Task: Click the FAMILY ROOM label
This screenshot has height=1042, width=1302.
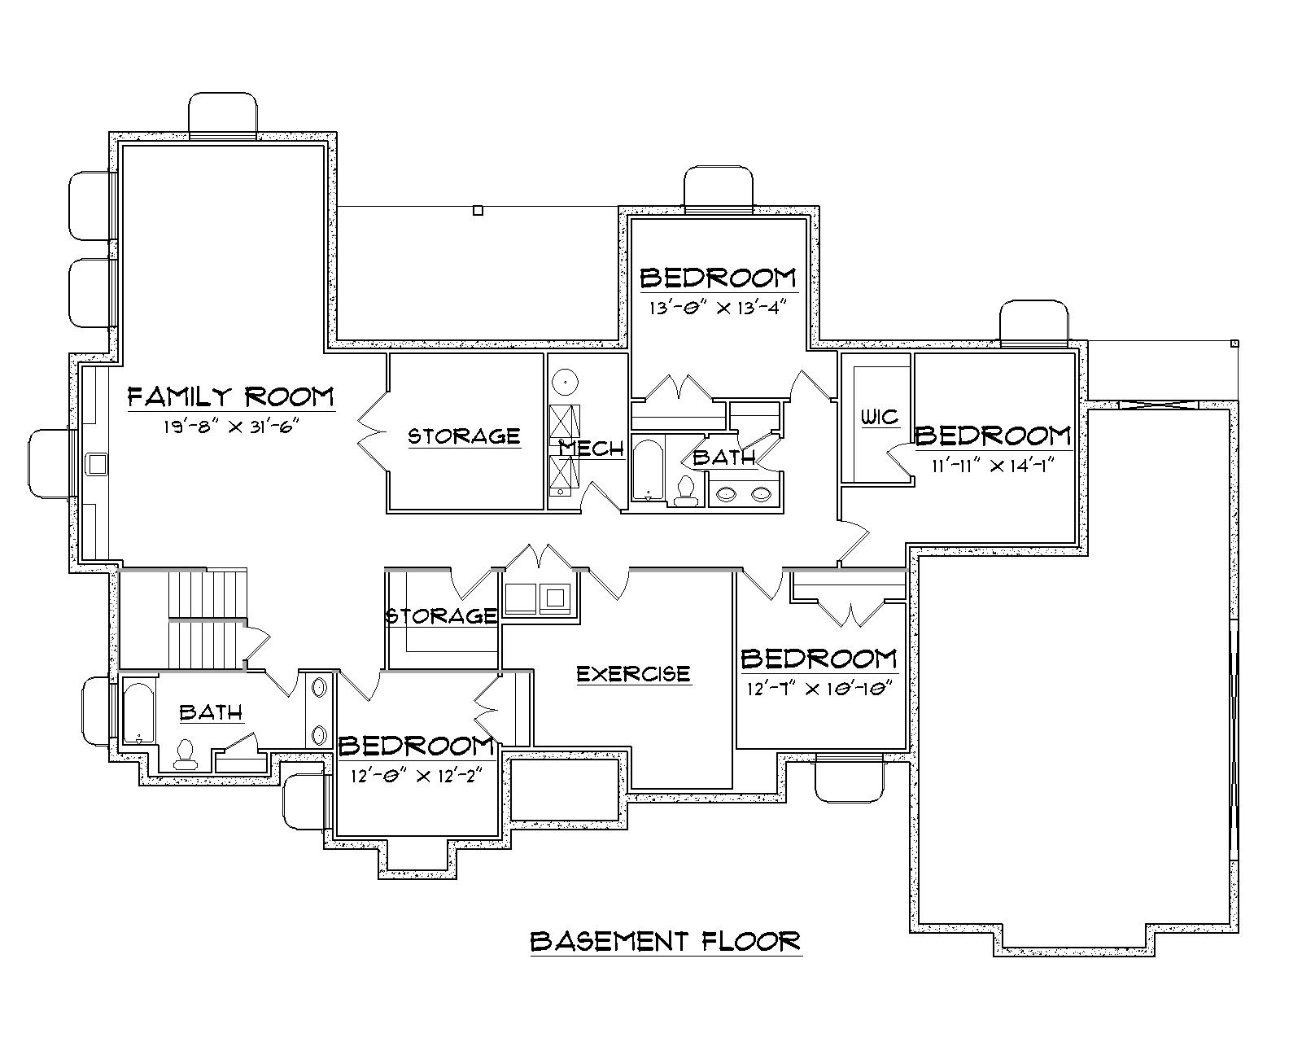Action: (231, 396)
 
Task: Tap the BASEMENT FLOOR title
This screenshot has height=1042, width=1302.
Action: (666, 941)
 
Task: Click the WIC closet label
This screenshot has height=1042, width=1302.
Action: (880, 418)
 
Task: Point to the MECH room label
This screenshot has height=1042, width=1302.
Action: (592, 449)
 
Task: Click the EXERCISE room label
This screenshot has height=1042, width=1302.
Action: (633, 674)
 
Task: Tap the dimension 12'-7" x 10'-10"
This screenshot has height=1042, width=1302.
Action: (820, 688)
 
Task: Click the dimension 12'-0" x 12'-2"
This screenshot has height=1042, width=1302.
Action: (416, 775)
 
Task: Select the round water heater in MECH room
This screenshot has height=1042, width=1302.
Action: (564, 381)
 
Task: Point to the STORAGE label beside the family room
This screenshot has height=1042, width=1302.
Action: (464, 436)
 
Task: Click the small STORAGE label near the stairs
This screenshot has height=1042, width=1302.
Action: (441, 615)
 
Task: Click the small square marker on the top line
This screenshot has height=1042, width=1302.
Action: (478, 210)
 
